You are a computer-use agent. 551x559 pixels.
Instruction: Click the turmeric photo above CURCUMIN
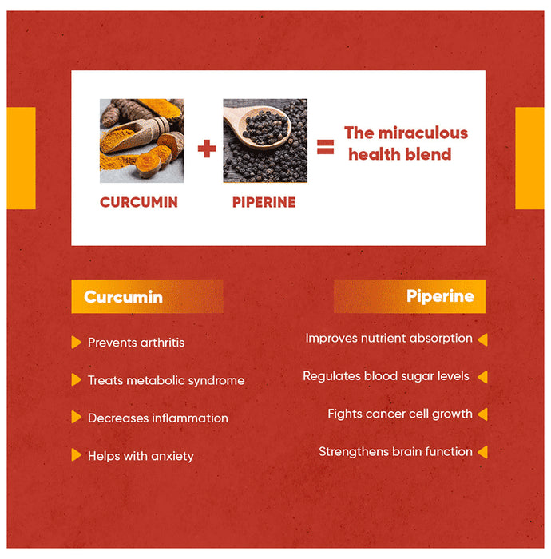tap(141, 141)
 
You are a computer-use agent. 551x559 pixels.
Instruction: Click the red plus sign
tap(207, 148)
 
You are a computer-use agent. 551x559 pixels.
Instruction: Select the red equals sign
tap(325, 147)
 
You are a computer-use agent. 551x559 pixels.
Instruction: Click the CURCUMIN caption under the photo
tap(139, 202)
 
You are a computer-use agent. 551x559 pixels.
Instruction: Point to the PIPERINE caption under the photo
tap(264, 202)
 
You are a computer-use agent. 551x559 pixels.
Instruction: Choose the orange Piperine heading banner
tap(409, 296)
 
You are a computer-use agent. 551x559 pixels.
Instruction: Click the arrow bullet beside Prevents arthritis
tap(76, 343)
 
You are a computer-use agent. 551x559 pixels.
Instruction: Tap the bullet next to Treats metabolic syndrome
tap(76, 380)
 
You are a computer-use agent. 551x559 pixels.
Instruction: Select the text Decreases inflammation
tap(157, 418)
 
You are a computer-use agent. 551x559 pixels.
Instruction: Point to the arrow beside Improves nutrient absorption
tap(482, 339)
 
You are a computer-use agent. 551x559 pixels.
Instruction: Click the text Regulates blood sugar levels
tap(386, 375)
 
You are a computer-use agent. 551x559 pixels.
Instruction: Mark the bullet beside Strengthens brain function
tap(482, 452)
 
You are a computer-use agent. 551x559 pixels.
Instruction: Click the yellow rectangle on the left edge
tap(22, 158)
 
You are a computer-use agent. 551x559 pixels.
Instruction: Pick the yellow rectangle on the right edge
tap(529, 158)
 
